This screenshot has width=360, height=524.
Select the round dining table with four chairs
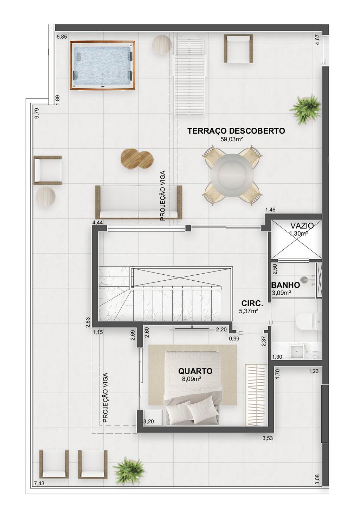point(232,175)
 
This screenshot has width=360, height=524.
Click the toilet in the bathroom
point(308,322)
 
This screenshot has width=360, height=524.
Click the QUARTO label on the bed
point(195,371)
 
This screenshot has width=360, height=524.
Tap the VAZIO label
point(302,226)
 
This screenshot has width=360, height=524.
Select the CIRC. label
point(252,303)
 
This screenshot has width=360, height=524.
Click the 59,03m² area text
point(231,139)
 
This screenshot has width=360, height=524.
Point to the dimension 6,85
point(62,37)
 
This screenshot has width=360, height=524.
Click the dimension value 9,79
point(37,113)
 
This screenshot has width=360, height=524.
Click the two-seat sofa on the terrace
point(139,202)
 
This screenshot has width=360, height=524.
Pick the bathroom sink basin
point(297,351)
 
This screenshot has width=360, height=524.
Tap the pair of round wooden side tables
point(137,159)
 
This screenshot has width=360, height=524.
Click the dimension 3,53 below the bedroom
point(268,439)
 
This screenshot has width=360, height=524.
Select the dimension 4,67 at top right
point(317,39)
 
